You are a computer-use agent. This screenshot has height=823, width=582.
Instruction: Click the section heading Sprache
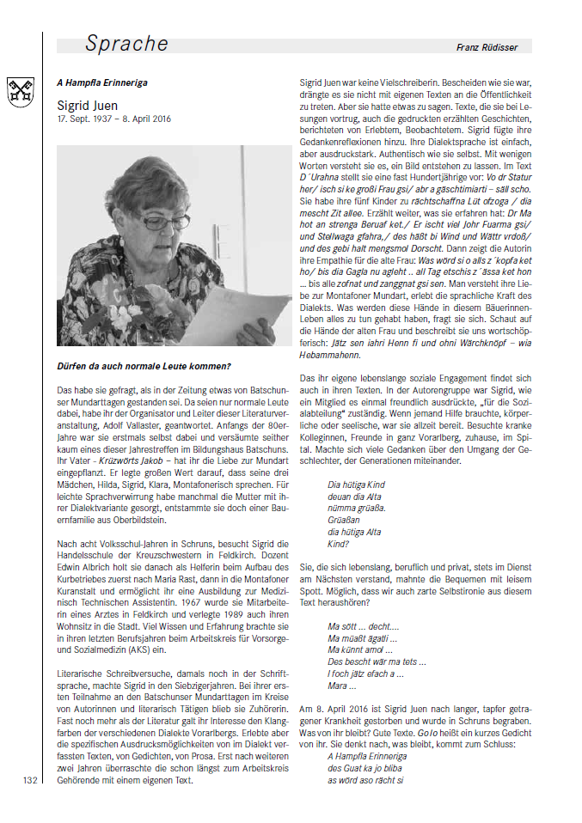coord(127,44)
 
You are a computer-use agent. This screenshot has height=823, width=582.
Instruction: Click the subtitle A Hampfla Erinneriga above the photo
coord(101,82)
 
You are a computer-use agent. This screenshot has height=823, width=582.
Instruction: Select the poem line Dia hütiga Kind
coord(356,485)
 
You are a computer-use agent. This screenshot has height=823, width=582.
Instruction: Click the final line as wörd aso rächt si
coord(365,780)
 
